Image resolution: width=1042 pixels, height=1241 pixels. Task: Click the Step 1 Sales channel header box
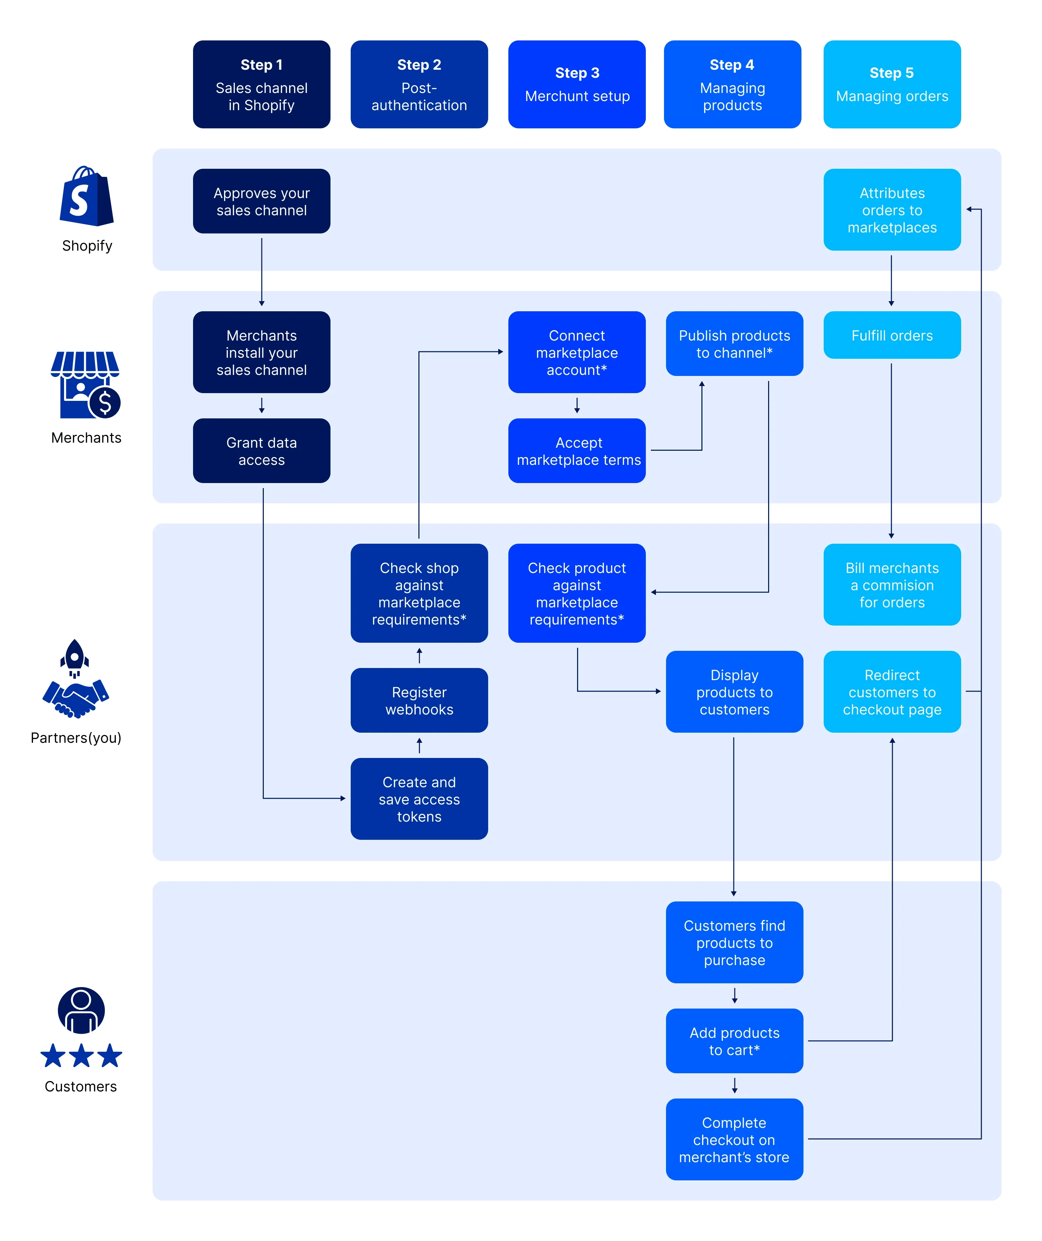pyautogui.click(x=261, y=84)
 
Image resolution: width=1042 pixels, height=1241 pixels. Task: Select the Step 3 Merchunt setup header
pyautogui.click(x=576, y=84)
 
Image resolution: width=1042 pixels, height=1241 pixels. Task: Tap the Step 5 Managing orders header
pyautogui.click(x=891, y=84)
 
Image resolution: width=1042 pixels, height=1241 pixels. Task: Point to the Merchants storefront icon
pyautogui.click(x=85, y=384)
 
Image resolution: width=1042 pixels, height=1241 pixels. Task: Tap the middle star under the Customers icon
pyautogui.click(x=81, y=1056)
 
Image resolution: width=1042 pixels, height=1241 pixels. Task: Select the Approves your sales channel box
pyautogui.click(x=261, y=201)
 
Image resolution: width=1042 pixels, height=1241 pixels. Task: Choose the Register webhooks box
pyautogui.click(x=419, y=700)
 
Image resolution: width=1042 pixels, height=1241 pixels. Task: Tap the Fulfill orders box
pyautogui.click(x=891, y=335)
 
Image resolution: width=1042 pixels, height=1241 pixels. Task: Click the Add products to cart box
pyautogui.click(x=734, y=1041)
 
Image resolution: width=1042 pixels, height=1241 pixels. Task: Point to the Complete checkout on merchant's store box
pyautogui.click(x=734, y=1139)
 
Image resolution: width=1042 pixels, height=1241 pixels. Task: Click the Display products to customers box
pyautogui.click(x=734, y=692)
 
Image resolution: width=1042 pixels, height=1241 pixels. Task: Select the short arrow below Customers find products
pyautogui.click(x=734, y=995)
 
